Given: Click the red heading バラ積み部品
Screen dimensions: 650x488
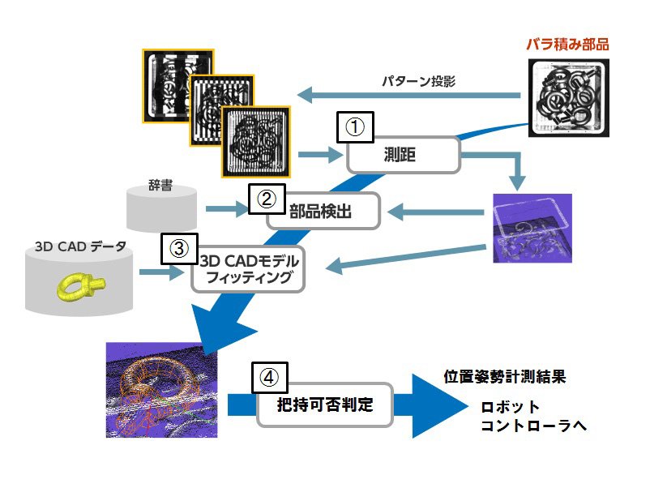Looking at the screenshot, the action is click(x=567, y=45).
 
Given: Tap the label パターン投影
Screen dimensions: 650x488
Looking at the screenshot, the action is click(x=418, y=81).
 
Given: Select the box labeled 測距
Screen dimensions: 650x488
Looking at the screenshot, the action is click(x=404, y=155).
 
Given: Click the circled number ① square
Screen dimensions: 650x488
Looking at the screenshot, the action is click(x=355, y=127).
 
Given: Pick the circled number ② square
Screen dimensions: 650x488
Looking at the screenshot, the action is click(x=267, y=199).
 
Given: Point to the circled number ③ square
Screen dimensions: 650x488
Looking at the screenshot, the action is click(x=179, y=248).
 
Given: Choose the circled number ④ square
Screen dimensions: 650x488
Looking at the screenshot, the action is click(x=269, y=377).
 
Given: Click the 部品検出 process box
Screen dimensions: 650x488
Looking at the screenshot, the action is click(x=323, y=211).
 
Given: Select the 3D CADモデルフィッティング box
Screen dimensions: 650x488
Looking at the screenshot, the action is click(x=248, y=269).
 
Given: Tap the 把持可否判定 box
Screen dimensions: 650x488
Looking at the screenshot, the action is click(x=324, y=405).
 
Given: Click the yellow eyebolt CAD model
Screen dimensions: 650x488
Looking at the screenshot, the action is click(x=81, y=286).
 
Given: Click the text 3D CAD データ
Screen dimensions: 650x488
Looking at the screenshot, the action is click(x=80, y=246).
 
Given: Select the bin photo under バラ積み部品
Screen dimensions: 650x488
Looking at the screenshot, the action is click(x=568, y=98).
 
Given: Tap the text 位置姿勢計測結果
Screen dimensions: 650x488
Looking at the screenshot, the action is click(x=504, y=377).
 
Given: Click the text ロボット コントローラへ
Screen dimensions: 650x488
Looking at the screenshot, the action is click(x=533, y=416).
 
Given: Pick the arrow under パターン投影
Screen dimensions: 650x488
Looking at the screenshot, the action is click(x=408, y=96).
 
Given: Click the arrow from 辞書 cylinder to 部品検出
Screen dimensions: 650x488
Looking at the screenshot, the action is click(x=227, y=208).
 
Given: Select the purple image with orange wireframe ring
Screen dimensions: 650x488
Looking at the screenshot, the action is click(x=161, y=390).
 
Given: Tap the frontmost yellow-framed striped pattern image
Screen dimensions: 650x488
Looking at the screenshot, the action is click(x=256, y=142).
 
